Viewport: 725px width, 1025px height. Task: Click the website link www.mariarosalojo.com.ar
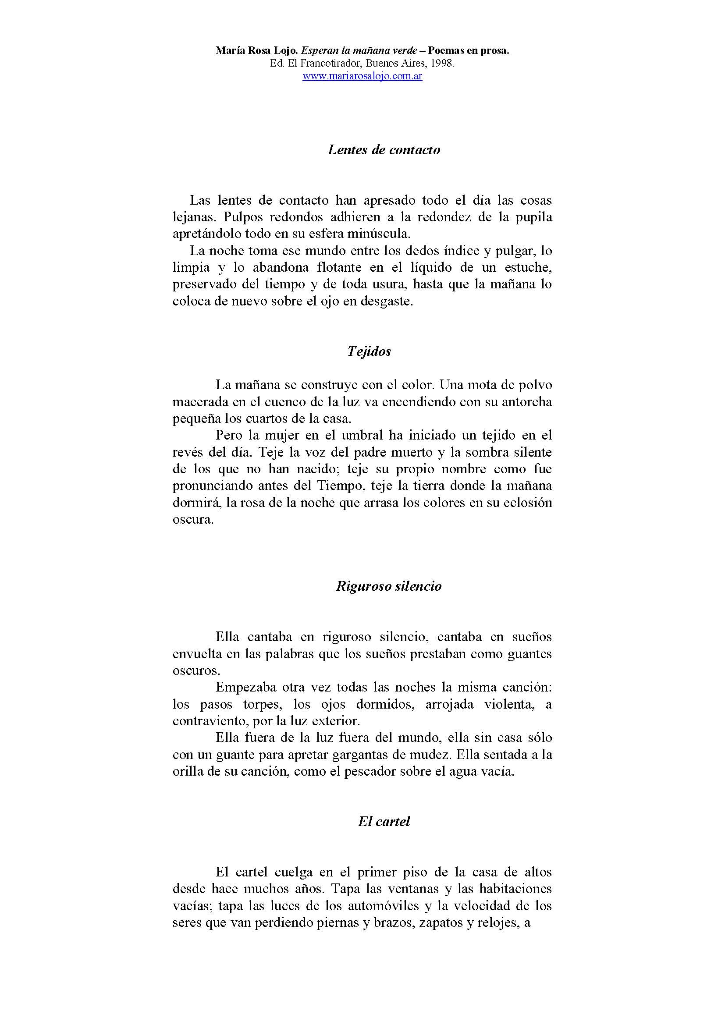362,76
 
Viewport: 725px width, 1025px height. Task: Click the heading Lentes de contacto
384,149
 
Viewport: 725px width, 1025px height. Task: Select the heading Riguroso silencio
388,586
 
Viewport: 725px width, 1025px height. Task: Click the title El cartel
384,821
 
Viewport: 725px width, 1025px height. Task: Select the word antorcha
527,402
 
